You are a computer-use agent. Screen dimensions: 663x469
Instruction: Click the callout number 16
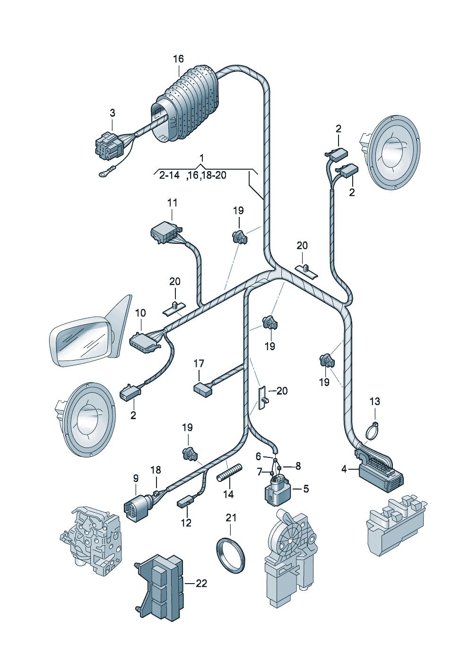click(x=178, y=59)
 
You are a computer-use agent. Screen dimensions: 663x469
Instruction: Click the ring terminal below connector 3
click(x=103, y=174)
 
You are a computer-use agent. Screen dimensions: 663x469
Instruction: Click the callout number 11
click(x=173, y=203)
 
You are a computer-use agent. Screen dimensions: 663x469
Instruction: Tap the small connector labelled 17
click(x=203, y=388)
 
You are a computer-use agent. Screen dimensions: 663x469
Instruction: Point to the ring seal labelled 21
click(x=231, y=555)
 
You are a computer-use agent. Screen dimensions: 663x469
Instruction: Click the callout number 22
click(x=201, y=584)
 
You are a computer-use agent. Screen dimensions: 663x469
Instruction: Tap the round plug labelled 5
click(x=277, y=490)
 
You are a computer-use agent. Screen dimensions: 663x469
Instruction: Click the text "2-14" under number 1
click(x=169, y=175)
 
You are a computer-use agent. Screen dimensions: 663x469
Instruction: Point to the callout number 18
click(x=156, y=470)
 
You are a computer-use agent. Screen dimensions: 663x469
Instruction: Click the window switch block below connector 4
click(x=395, y=523)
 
